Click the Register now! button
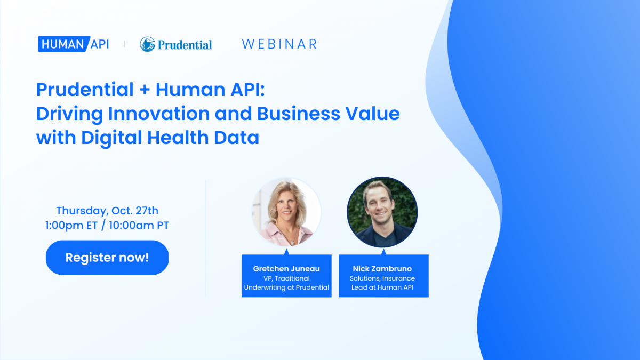pyautogui.click(x=107, y=258)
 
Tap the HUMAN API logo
pyautogui.click(x=74, y=44)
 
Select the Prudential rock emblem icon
pyautogui.click(x=147, y=44)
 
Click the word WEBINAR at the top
pyautogui.click(x=279, y=44)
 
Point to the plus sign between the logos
pyautogui.click(x=125, y=44)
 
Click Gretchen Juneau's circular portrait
pyautogui.click(x=286, y=212)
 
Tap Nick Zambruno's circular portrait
pyautogui.click(x=382, y=212)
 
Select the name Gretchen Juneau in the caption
pyautogui.click(x=286, y=269)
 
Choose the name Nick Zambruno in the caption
pyautogui.click(x=382, y=269)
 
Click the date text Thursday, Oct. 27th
pyautogui.click(x=107, y=211)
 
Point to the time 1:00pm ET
pyautogui.click(x=71, y=226)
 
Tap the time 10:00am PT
pyautogui.click(x=139, y=226)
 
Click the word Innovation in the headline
pyautogui.click(x=159, y=114)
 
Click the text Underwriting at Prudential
pyautogui.click(x=286, y=287)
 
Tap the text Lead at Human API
pyautogui.click(x=382, y=287)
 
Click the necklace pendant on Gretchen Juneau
pyautogui.click(x=293, y=243)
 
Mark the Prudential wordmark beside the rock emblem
pyautogui.click(x=185, y=45)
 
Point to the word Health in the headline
pyautogui.click(x=178, y=138)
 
